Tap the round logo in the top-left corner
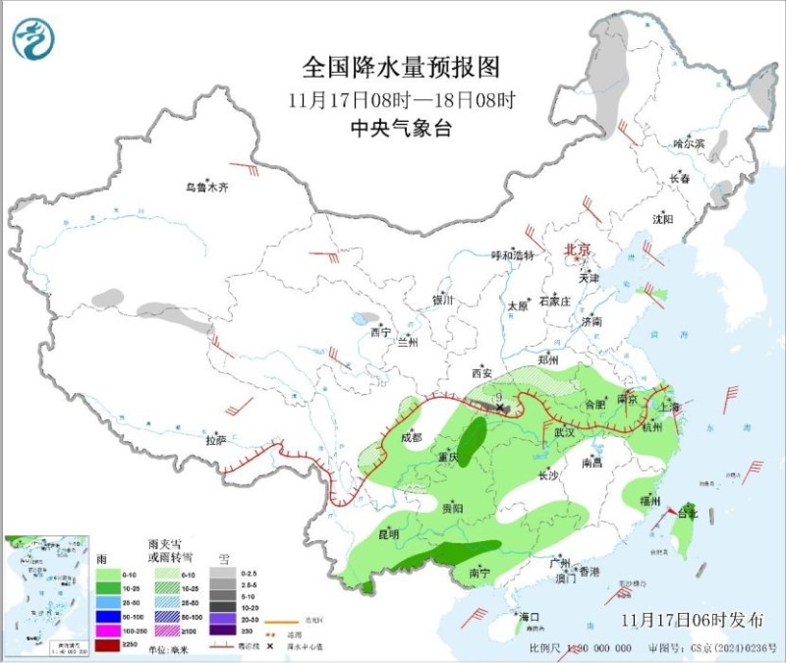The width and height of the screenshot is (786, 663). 33,38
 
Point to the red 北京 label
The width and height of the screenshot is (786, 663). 578,250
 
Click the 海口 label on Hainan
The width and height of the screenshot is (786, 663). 531,617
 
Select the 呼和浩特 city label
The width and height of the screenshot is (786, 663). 512,255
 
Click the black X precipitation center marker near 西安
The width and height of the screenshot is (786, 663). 499,406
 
